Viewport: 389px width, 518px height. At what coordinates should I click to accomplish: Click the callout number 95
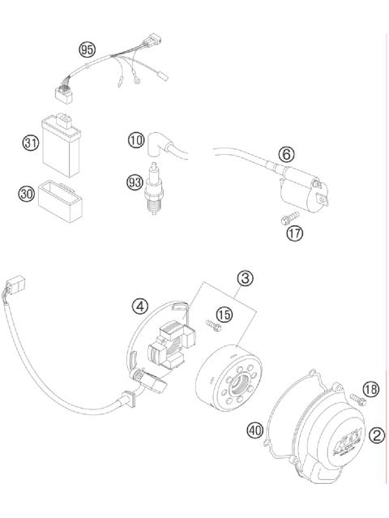pyautogui.click(x=87, y=50)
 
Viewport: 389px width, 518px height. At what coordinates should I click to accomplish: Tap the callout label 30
pyautogui.click(x=27, y=193)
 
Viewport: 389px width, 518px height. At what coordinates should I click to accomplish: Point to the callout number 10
pyautogui.click(x=135, y=140)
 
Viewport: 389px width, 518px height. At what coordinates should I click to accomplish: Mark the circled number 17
pyautogui.click(x=293, y=233)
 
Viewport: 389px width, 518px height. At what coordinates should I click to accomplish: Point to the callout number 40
pyautogui.click(x=255, y=431)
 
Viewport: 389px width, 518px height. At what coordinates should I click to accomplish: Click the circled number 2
pyautogui.click(x=376, y=435)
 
